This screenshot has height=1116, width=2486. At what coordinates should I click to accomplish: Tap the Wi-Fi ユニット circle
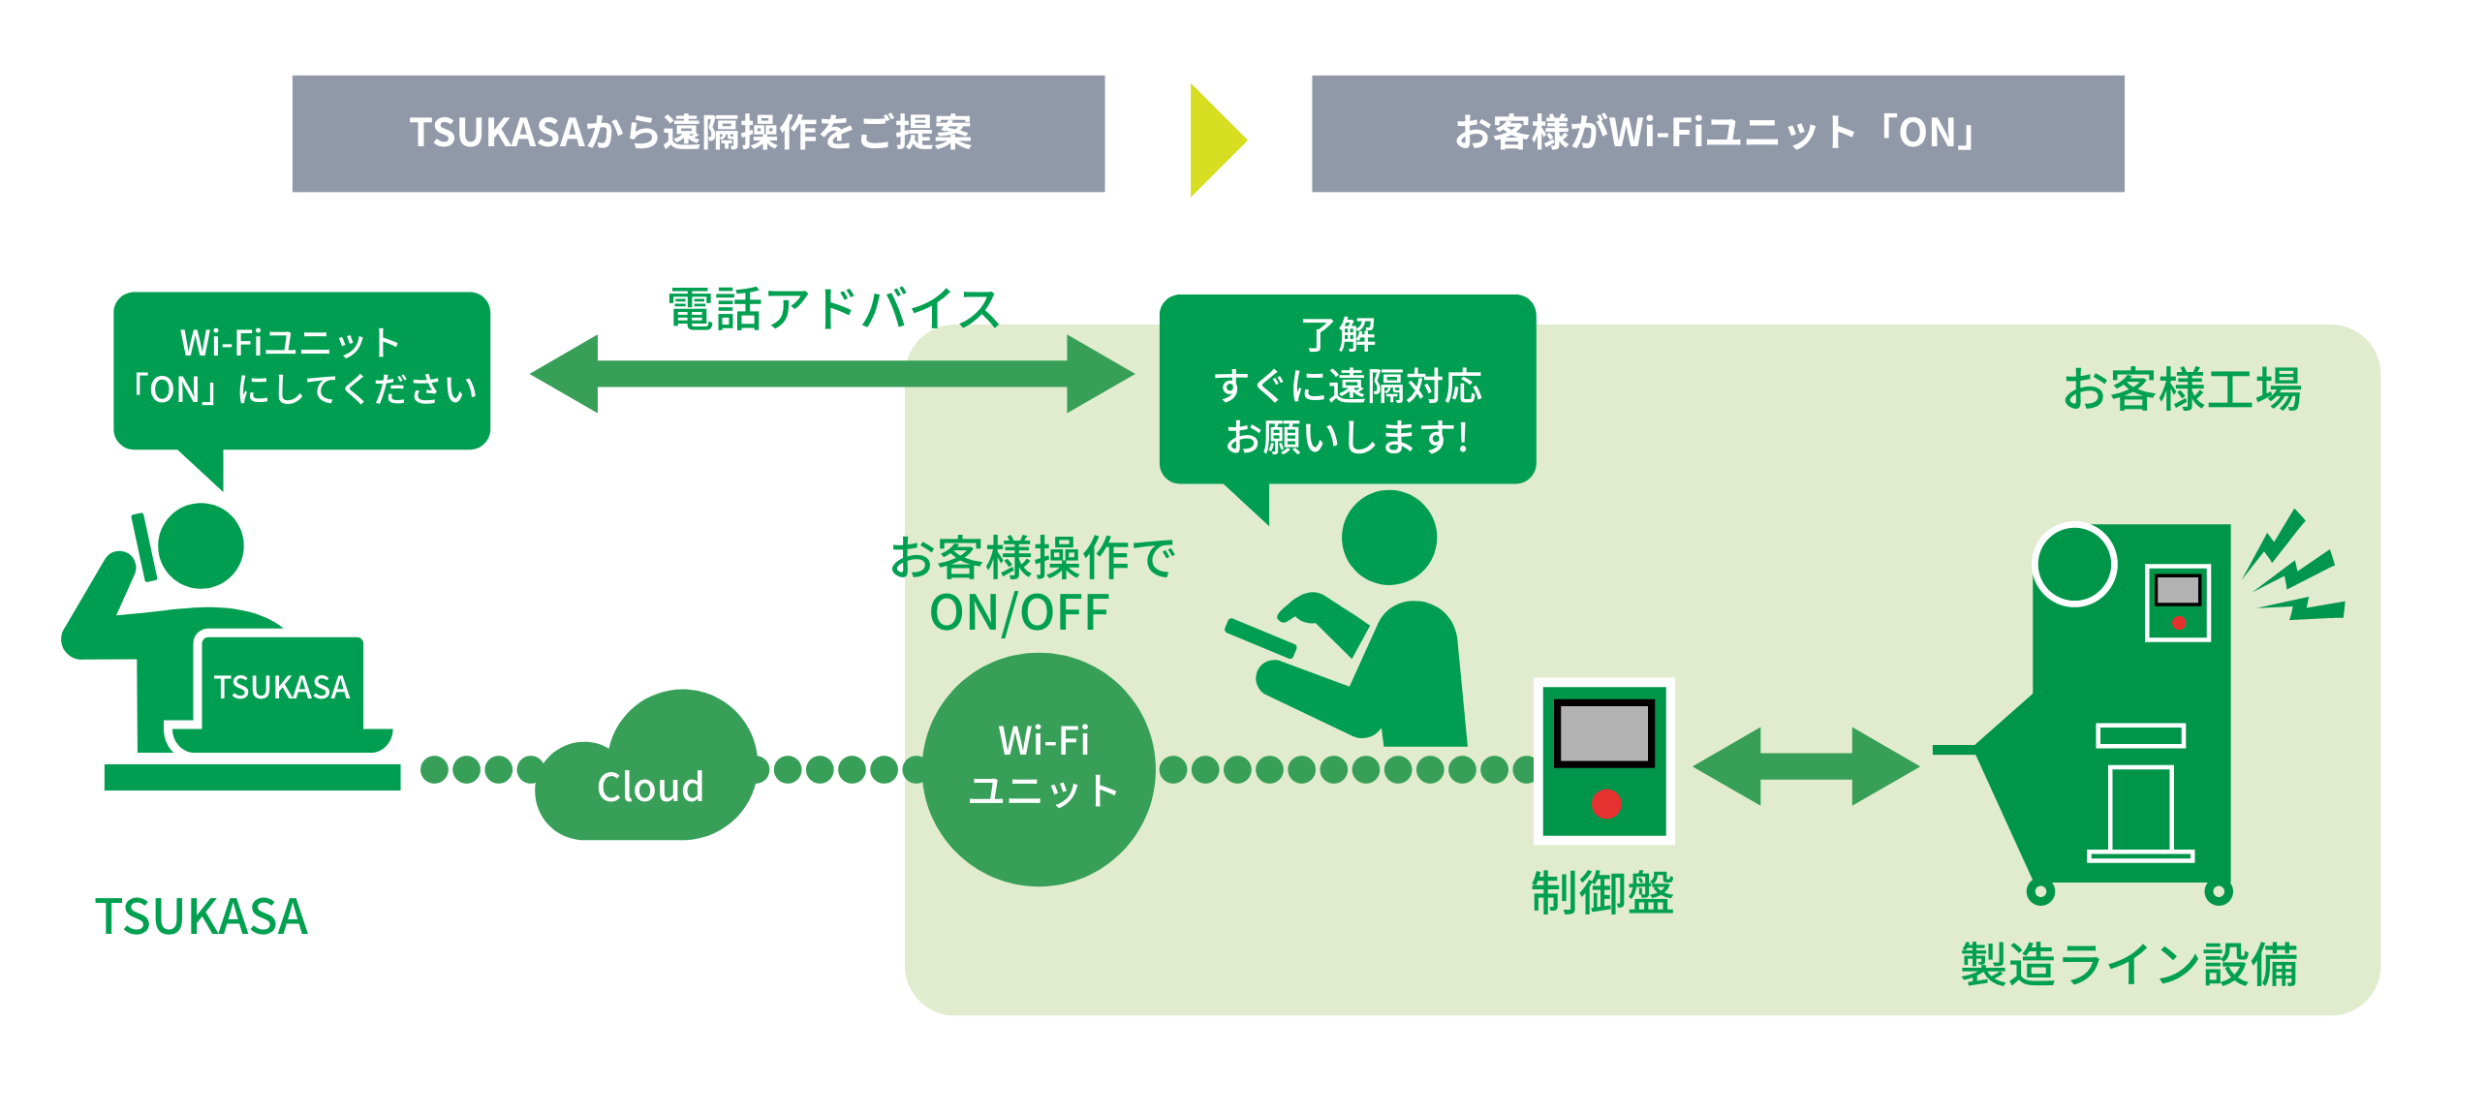1040,769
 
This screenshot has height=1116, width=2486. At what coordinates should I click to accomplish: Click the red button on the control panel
1605,804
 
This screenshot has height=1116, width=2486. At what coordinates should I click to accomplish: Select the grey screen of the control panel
1603,733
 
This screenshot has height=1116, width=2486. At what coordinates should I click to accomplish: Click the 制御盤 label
1601,893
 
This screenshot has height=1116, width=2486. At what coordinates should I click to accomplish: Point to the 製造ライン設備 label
2129,965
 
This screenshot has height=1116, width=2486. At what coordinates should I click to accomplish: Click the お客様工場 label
2181,389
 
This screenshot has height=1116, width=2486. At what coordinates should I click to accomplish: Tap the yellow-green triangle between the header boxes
1215,139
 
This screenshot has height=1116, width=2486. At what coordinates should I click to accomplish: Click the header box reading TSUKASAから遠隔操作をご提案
698,134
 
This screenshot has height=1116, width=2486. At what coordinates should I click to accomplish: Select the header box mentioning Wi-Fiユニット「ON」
1717,134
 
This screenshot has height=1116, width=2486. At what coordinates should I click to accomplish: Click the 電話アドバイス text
832,310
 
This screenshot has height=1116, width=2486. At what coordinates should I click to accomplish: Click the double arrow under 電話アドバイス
831,374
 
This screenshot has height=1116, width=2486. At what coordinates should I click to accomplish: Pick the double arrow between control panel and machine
1806,766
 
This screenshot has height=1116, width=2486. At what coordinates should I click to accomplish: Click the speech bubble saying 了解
1347,388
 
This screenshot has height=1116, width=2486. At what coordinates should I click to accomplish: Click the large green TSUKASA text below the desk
202,916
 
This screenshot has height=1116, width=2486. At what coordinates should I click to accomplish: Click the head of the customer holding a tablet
1388,538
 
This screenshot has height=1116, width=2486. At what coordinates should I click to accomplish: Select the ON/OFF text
1019,613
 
